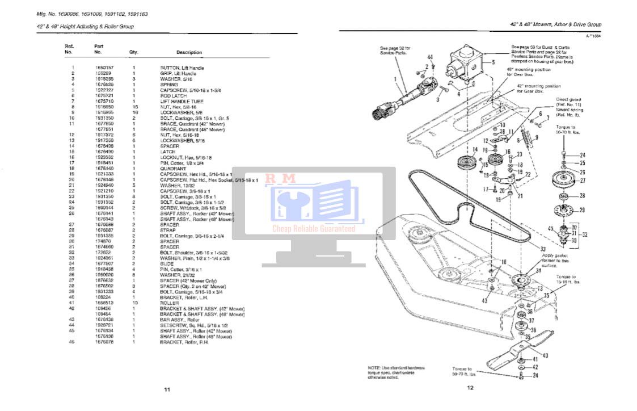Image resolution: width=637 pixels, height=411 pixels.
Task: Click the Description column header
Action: click(x=189, y=53)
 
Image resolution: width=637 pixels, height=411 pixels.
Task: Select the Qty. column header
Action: click(x=134, y=52)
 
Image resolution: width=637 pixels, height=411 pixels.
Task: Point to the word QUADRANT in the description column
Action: click(x=173, y=169)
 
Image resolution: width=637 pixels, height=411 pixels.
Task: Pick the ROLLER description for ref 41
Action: click(x=170, y=303)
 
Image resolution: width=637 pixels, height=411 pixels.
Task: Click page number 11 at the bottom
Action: click(x=167, y=389)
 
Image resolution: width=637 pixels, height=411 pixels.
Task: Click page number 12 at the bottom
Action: click(x=470, y=388)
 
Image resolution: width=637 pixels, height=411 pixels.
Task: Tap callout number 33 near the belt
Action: click(x=543, y=249)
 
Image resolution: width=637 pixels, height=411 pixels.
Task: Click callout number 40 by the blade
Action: click(x=545, y=356)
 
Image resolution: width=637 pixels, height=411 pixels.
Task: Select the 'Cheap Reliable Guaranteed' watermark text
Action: click(x=314, y=229)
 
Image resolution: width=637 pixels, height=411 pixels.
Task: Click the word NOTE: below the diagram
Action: click(x=374, y=368)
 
